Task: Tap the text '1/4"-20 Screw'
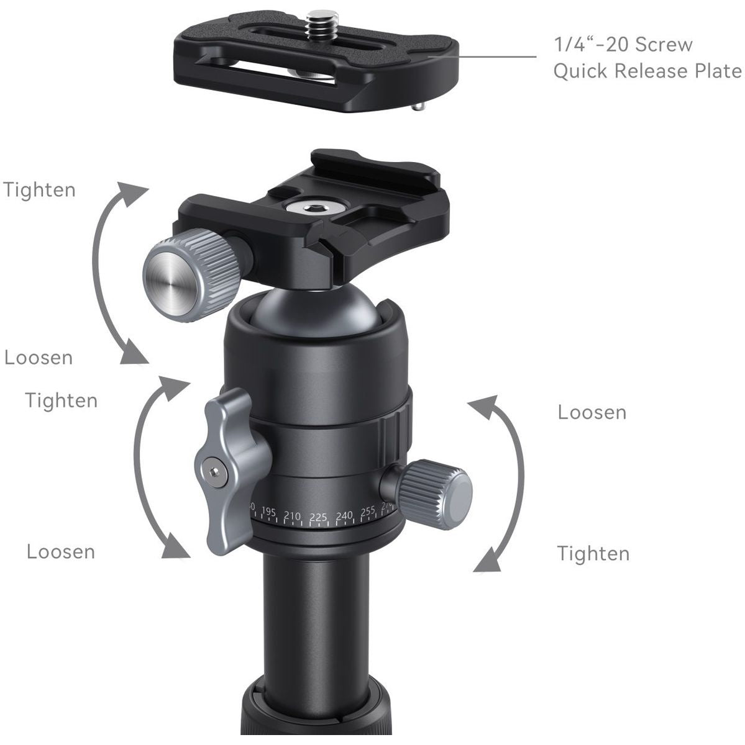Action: [x=622, y=45]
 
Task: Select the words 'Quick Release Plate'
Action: [x=647, y=71]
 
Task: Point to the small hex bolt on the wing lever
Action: [x=215, y=473]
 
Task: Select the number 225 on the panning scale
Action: [x=318, y=517]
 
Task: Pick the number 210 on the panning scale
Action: [x=292, y=515]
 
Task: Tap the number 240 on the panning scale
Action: [x=344, y=515]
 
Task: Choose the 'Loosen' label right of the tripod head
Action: [x=592, y=412]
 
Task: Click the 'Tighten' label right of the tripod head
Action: [x=593, y=553]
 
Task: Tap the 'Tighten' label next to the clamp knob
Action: [x=40, y=189]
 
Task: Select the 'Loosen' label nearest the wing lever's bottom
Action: [x=61, y=551]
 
